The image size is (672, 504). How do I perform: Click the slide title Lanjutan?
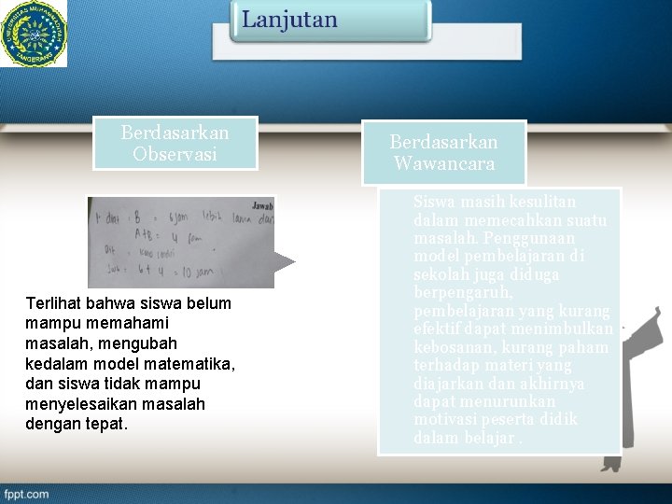[x=290, y=21]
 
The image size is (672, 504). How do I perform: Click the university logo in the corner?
[x=34, y=33]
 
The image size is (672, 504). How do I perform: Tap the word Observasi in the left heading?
[x=175, y=154]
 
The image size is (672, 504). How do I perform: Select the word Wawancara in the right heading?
[x=444, y=164]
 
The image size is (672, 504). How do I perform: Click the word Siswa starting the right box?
[x=433, y=202]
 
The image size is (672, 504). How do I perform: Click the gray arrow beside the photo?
[x=292, y=261]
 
